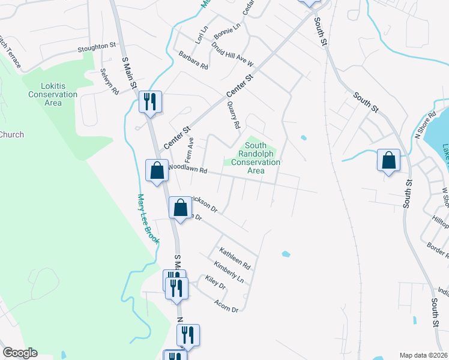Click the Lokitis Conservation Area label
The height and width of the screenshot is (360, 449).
tap(53, 94)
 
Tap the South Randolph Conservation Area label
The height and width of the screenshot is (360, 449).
tap(256, 158)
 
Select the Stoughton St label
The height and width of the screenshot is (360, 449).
tap(97, 46)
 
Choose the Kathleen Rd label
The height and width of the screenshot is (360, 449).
tap(235, 257)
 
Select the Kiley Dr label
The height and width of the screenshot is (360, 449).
tap(215, 283)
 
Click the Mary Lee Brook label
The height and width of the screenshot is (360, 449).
tap(149, 218)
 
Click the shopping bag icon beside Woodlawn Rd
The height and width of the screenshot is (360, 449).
tap(157, 170)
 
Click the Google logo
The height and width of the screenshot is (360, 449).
tap(20, 353)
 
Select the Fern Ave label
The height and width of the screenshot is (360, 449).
tap(190, 150)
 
